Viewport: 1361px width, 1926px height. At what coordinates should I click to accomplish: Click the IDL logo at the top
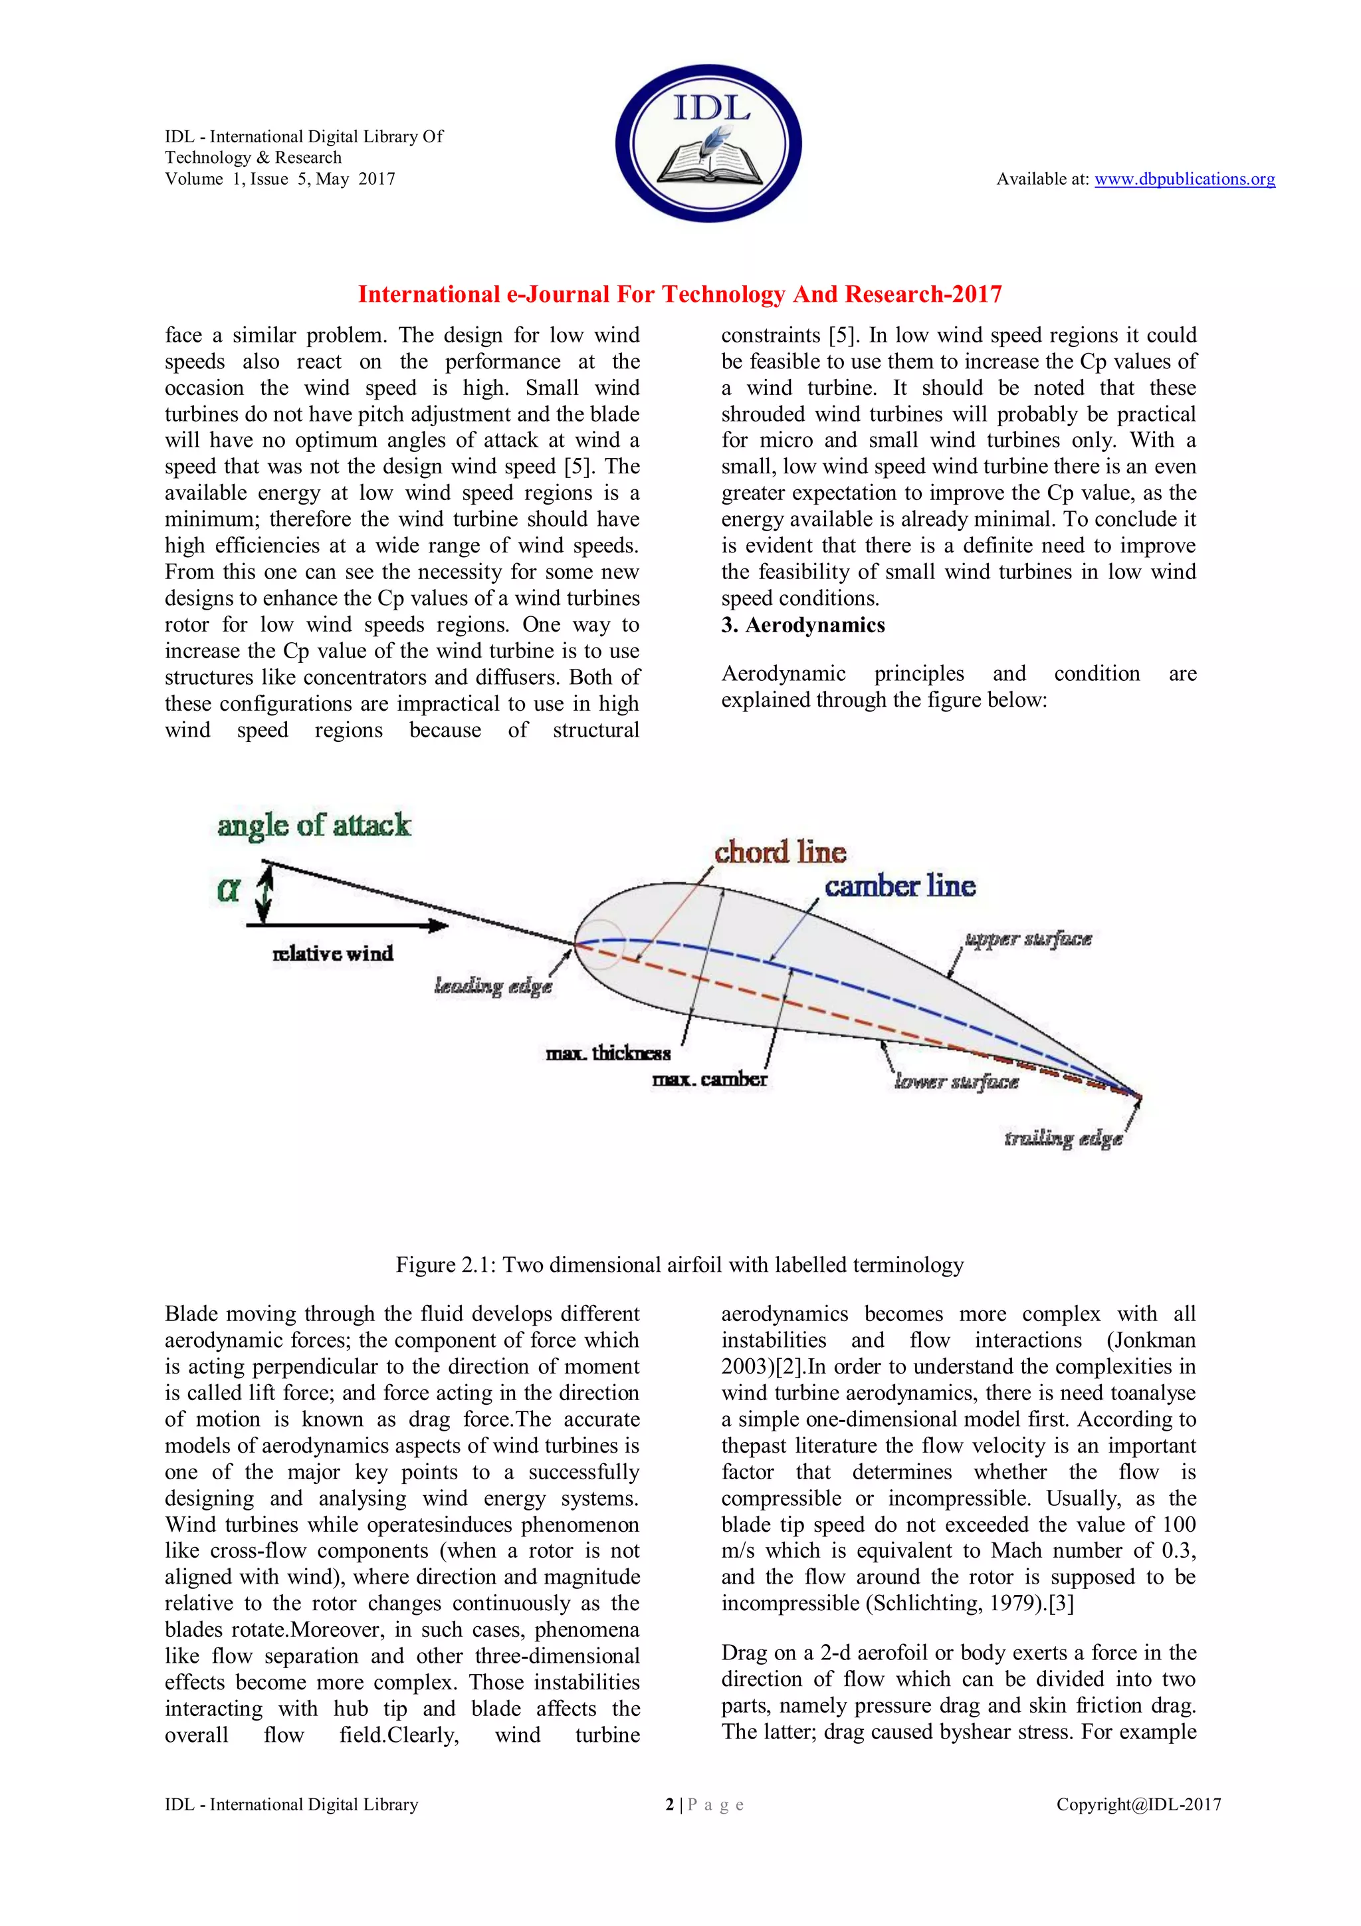pos(708,144)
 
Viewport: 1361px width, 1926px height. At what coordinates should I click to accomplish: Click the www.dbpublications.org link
pos(1184,179)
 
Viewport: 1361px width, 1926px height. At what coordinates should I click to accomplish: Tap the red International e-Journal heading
pos(679,295)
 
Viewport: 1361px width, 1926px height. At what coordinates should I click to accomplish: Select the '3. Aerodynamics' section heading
pos(803,625)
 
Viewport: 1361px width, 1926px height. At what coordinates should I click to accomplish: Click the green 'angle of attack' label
pos(314,826)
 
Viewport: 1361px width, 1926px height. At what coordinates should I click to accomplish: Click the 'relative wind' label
pos(333,954)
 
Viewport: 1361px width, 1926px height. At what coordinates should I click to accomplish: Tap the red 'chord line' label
pos(780,852)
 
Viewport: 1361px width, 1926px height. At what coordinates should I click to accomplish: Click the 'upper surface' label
pos(1028,939)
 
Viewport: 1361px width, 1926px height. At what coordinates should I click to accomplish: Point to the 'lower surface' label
pos(957,1082)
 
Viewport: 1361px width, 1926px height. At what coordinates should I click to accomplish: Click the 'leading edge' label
pos(493,986)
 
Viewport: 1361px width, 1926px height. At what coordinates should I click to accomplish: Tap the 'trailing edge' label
pos(1063,1138)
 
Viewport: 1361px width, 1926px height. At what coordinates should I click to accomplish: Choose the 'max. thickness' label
pos(608,1054)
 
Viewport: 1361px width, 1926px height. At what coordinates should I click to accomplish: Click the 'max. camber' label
pos(710,1080)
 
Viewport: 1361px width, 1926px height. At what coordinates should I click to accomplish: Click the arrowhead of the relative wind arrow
pos(439,926)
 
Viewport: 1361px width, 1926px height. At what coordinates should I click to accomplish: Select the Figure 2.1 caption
pos(679,1265)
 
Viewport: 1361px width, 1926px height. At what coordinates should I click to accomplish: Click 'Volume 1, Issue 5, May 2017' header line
pos(280,179)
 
